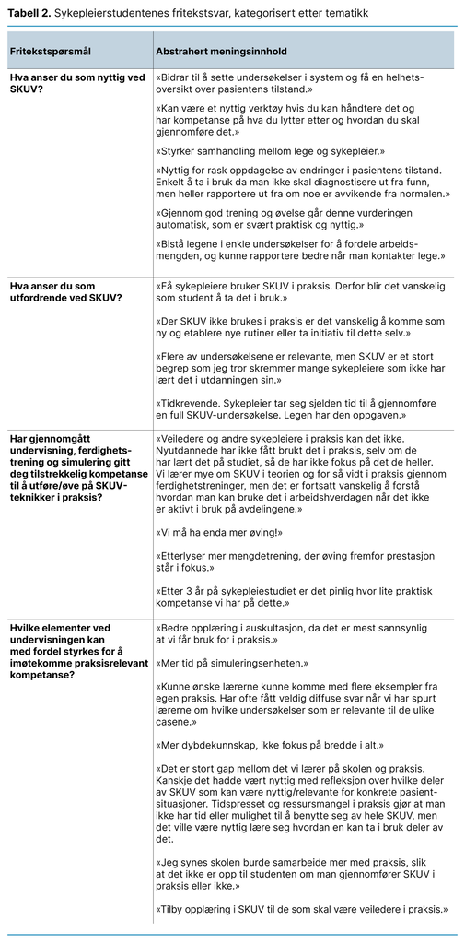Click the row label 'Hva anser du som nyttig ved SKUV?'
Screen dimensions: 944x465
click(77, 83)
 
